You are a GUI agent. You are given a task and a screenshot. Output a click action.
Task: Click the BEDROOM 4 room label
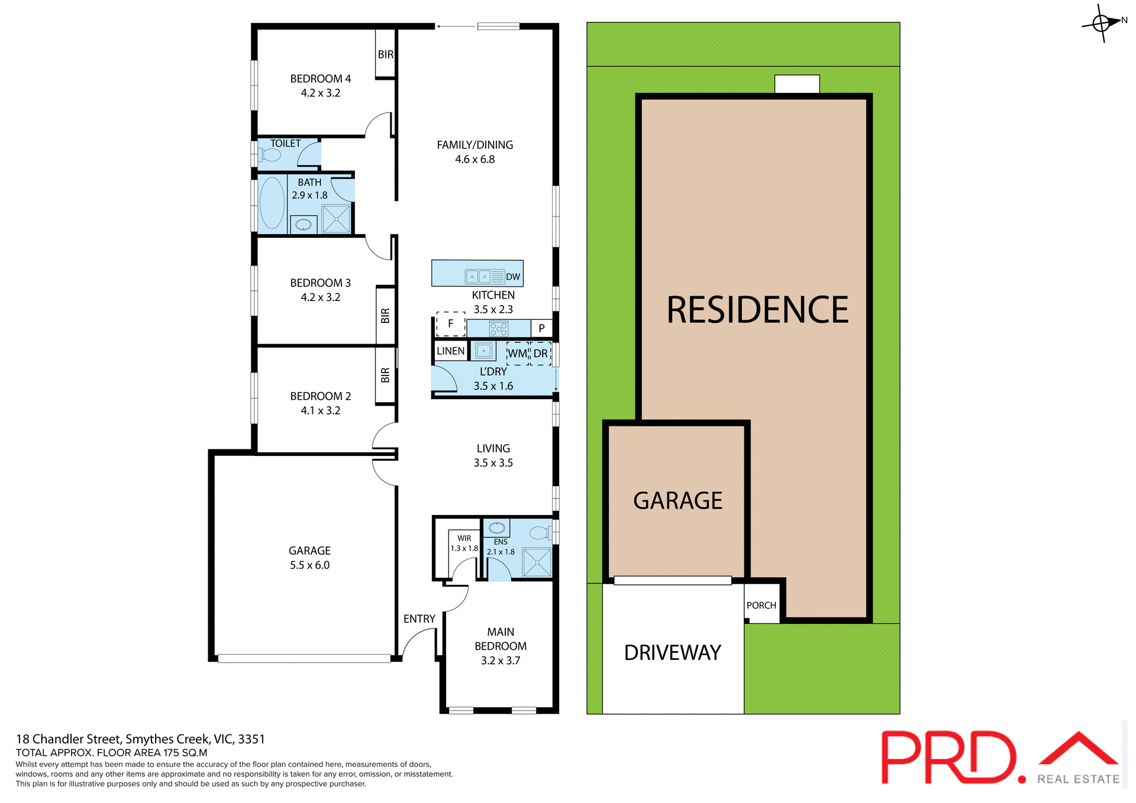(x=320, y=79)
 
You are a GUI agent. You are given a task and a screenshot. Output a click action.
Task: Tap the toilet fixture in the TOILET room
(x=270, y=156)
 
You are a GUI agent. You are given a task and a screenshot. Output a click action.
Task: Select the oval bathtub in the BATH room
(x=272, y=203)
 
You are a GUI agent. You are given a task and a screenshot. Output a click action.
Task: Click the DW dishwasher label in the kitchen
(x=513, y=277)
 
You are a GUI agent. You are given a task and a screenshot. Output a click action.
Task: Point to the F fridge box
(x=451, y=324)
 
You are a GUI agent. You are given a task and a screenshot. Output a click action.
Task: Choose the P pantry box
(x=541, y=328)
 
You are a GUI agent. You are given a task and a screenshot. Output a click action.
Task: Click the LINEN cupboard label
(x=450, y=351)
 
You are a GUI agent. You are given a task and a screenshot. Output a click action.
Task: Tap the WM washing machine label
(x=517, y=354)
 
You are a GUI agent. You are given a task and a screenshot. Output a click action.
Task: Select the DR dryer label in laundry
(x=540, y=354)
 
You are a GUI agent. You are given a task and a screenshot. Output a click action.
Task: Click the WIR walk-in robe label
(x=464, y=538)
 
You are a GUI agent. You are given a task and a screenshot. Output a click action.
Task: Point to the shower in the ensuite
(x=537, y=562)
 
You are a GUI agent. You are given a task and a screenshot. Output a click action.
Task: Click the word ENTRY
(x=419, y=619)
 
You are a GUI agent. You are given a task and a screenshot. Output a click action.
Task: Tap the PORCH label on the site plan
(x=761, y=606)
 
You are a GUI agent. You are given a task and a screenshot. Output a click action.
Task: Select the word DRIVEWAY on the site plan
(x=673, y=653)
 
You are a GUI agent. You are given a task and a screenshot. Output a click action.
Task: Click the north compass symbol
(x=1101, y=23)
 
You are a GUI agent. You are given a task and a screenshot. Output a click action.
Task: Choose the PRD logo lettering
(x=949, y=757)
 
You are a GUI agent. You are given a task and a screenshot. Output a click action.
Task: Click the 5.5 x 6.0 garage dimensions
(x=309, y=565)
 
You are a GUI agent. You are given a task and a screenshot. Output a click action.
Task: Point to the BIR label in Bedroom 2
(x=385, y=375)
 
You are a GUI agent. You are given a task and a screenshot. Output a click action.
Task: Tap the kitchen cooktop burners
(x=498, y=328)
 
